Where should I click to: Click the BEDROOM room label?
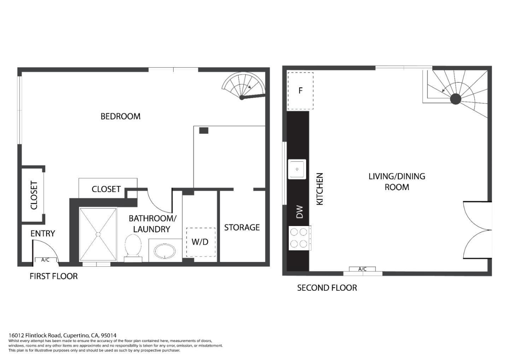(120, 116)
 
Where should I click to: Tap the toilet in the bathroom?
(133, 247)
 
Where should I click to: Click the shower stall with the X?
(98, 234)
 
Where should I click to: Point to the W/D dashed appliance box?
(200, 242)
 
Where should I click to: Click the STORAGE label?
(242, 227)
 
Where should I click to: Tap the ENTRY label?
(43, 233)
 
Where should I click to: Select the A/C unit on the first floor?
(45, 260)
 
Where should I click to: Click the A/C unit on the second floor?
(362, 269)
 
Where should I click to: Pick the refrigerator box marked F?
(300, 91)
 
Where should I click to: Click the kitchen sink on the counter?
(297, 169)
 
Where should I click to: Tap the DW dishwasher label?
(299, 212)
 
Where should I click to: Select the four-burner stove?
(299, 238)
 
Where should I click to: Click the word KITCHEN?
(320, 189)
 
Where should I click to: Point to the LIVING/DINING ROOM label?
(397, 181)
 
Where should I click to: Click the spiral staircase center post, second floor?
(455, 99)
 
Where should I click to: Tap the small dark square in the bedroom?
(204, 130)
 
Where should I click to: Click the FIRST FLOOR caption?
(54, 276)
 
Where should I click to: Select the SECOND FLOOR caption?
(327, 288)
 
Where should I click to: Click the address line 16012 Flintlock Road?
(63, 335)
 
